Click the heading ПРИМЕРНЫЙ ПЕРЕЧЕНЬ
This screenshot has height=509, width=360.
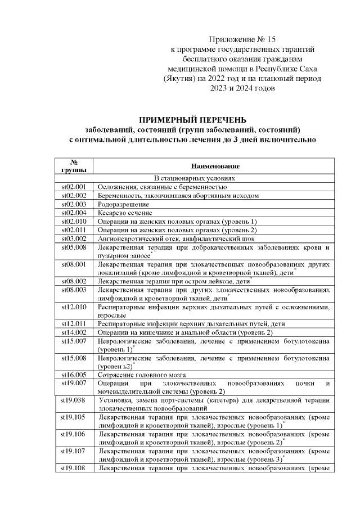point(193,119)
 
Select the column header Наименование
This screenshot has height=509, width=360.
point(215,166)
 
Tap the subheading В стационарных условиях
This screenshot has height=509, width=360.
point(193,178)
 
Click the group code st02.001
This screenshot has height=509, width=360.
point(73,187)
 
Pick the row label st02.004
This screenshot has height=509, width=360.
point(73,213)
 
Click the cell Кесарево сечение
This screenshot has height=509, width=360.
point(125,213)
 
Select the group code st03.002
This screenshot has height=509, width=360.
point(73,239)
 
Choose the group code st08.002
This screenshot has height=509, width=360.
point(73,280)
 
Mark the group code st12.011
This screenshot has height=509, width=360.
point(73,324)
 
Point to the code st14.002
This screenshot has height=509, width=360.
point(73,332)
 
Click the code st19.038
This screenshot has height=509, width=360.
point(73,400)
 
